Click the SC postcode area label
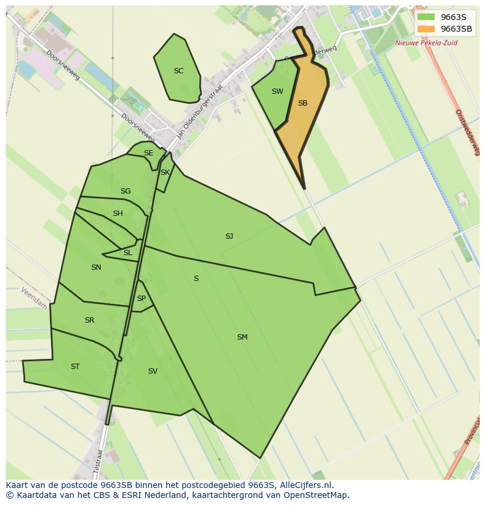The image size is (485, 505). [x=179, y=71]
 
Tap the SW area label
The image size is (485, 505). [x=277, y=91]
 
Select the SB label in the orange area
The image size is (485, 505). [x=302, y=103]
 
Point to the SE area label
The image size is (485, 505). [x=148, y=153]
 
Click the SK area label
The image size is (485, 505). [x=165, y=172]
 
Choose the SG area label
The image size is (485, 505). [x=125, y=191]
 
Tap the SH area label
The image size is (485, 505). [x=118, y=213]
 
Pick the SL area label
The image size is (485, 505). [x=128, y=253]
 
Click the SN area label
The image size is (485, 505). [x=96, y=267]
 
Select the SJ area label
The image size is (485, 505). [x=229, y=236]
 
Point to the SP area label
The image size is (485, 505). [x=141, y=299]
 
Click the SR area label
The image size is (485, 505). [x=89, y=320]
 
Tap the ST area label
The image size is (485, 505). [x=75, y=367]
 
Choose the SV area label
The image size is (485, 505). [x=152, y=371]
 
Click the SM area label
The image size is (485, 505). [x=242, y=337]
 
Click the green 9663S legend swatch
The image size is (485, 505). [x=426, y=17]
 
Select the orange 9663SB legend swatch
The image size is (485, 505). [x=426, y=29]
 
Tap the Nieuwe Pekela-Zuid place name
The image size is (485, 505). [x=426, y=43]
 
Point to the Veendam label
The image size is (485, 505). [x=33, y=299]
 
